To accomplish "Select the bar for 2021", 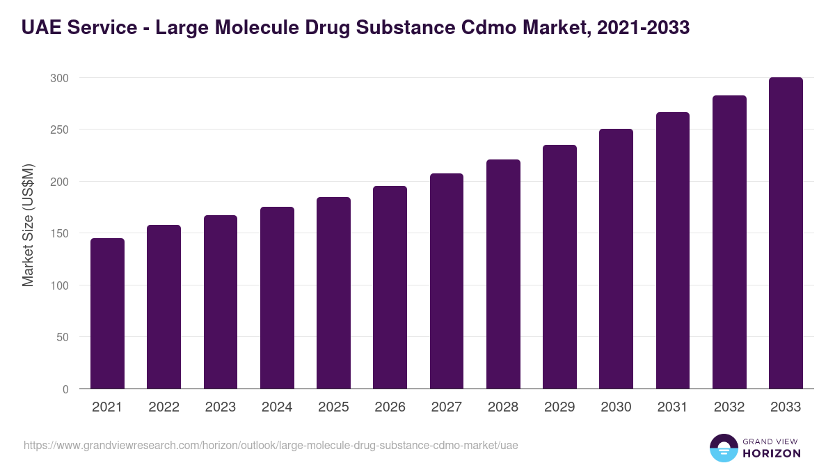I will pos(107,313).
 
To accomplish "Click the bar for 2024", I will pos(277,298).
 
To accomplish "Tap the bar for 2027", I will pos(447,281).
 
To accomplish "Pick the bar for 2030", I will pos(617,259).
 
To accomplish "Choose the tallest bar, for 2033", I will pos(786,233).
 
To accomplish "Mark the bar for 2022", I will pos(164,307).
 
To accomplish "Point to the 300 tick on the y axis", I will pos(60,78).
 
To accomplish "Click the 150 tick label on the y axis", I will pos(60,233).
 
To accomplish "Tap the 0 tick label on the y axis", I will pos(65,389).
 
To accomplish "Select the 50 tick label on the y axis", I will pos(63,337).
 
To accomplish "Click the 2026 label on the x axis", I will pos(390,407).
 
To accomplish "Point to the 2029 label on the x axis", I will pos(559,407).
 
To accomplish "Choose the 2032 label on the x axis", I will pos(729,407).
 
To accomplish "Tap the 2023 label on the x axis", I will pos(220,407).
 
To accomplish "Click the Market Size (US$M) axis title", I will pos(28,224).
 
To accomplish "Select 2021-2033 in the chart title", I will pos(643,28).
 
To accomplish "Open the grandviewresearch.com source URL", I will pos(271,445).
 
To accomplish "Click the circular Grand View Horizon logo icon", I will pos(723,448).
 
